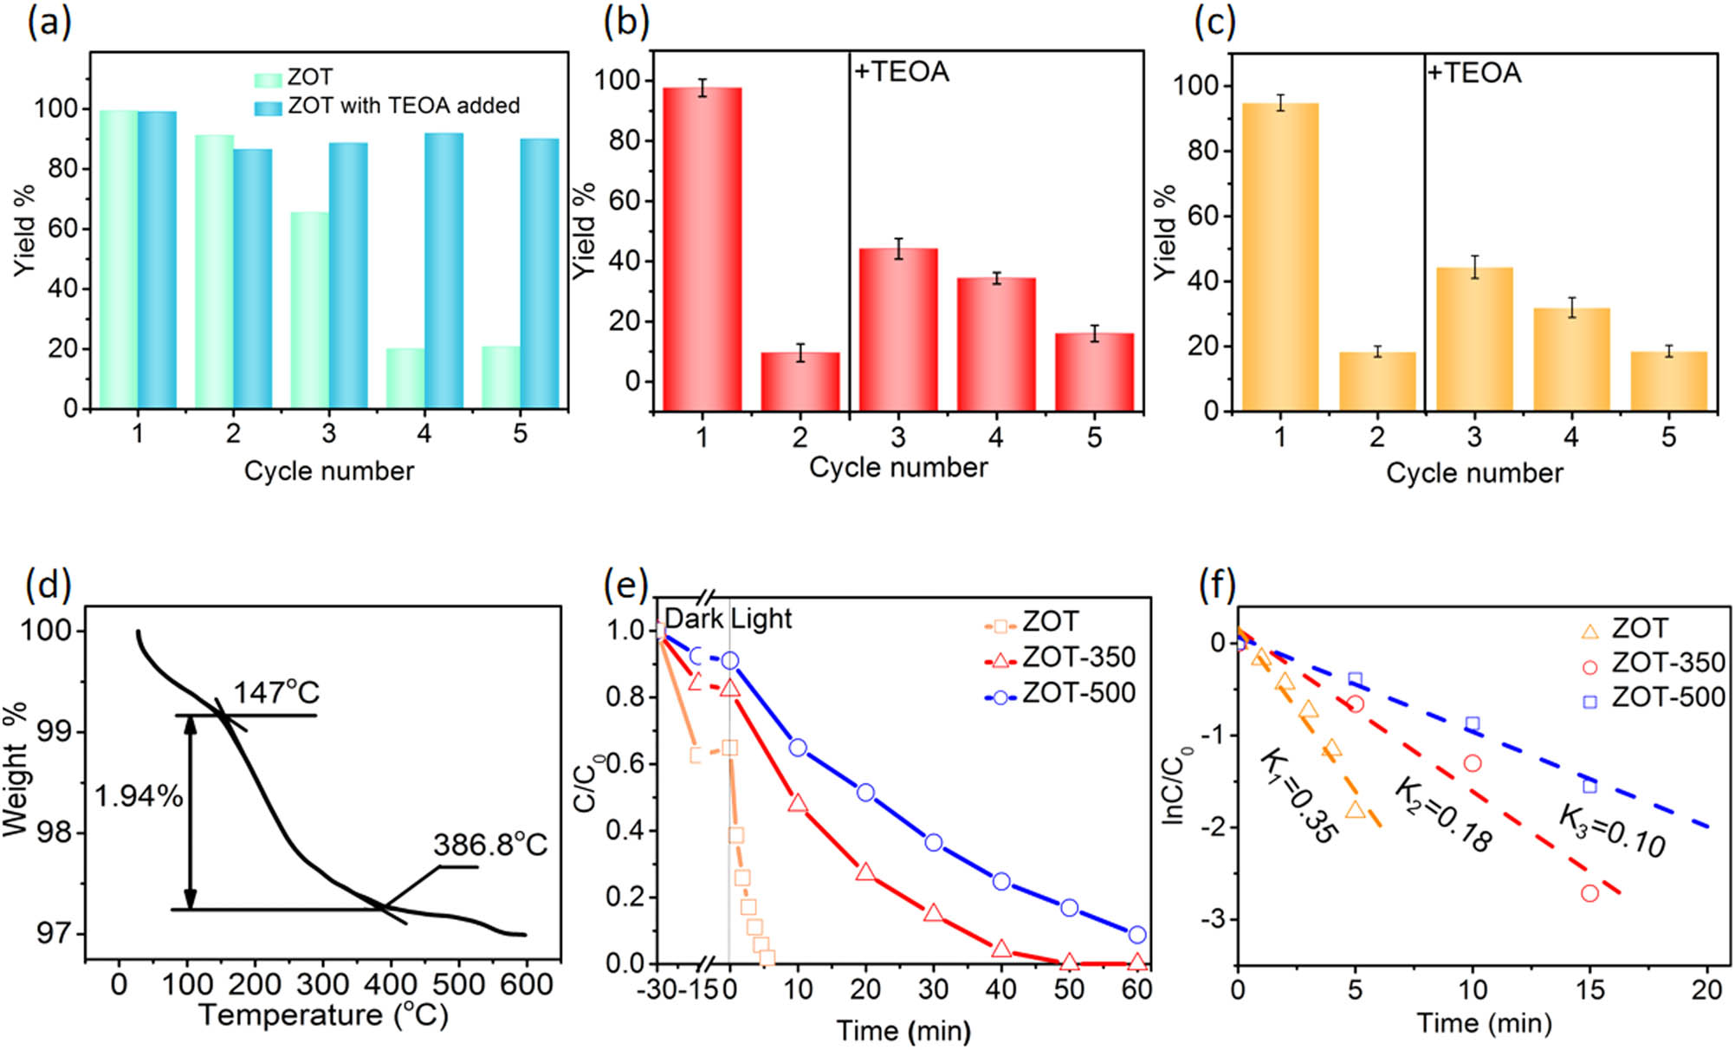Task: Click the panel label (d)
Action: (x=49, y=585)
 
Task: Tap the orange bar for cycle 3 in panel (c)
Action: (x=1474, y=339)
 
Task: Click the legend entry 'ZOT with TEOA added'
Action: (x=403, y=106)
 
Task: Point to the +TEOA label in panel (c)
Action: (x=1474, y=73)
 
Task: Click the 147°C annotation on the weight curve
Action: (x=276, y=692)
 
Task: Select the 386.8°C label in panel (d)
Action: (x=490, y=845)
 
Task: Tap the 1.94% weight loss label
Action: (x=139, y=796)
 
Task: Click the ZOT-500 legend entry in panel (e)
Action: (x=1078, y=693)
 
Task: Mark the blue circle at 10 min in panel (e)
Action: (x=798, y=748)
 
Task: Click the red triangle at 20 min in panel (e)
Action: (x=865, y=872)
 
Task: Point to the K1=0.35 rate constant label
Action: (x=1298, y=796)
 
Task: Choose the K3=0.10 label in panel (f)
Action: (x=1612, y=830)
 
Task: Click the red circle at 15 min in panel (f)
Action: (x=1589, y=893)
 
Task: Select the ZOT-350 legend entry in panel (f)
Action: (x=1667, y=663)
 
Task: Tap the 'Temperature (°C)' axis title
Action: (x=323, y=1015)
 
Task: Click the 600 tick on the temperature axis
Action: (x=527, y=985)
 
